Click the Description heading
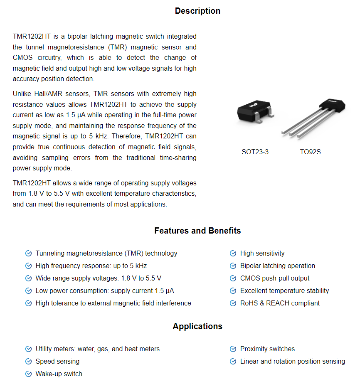pos(197,11)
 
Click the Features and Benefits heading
pos(197,231)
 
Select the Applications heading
pos(197,326)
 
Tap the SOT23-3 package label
pos(255,152)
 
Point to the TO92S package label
pos(310,152)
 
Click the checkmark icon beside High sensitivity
pos(233,254)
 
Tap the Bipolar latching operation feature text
pos(277,266)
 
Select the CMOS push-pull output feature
pos(274,278)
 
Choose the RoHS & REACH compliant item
pos(280,303)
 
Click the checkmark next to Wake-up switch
pos(28,374)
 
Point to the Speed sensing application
pos(57,362)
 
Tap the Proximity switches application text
pos(267,349)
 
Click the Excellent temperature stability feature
pos(284,291)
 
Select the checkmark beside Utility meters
pos(28,349)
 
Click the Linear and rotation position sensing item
pos(292,362)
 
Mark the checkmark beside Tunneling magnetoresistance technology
pos(28,254)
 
